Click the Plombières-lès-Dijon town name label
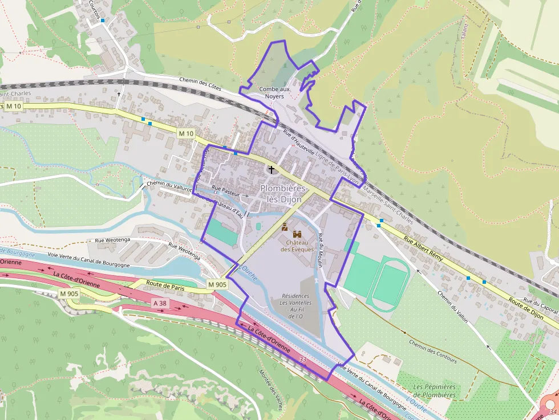(x=284, y=194)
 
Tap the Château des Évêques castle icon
(x=297, y=234)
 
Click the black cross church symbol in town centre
(x=272, y=169)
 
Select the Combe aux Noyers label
(x=274, y=93)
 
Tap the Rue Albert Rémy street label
(x=427, y=248)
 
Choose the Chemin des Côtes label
(x=200, y=84)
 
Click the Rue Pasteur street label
(x=225, y=187)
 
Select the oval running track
(x=390, y=283)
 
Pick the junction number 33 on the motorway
(x=302, y=360)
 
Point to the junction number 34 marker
(x=551, y=411)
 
